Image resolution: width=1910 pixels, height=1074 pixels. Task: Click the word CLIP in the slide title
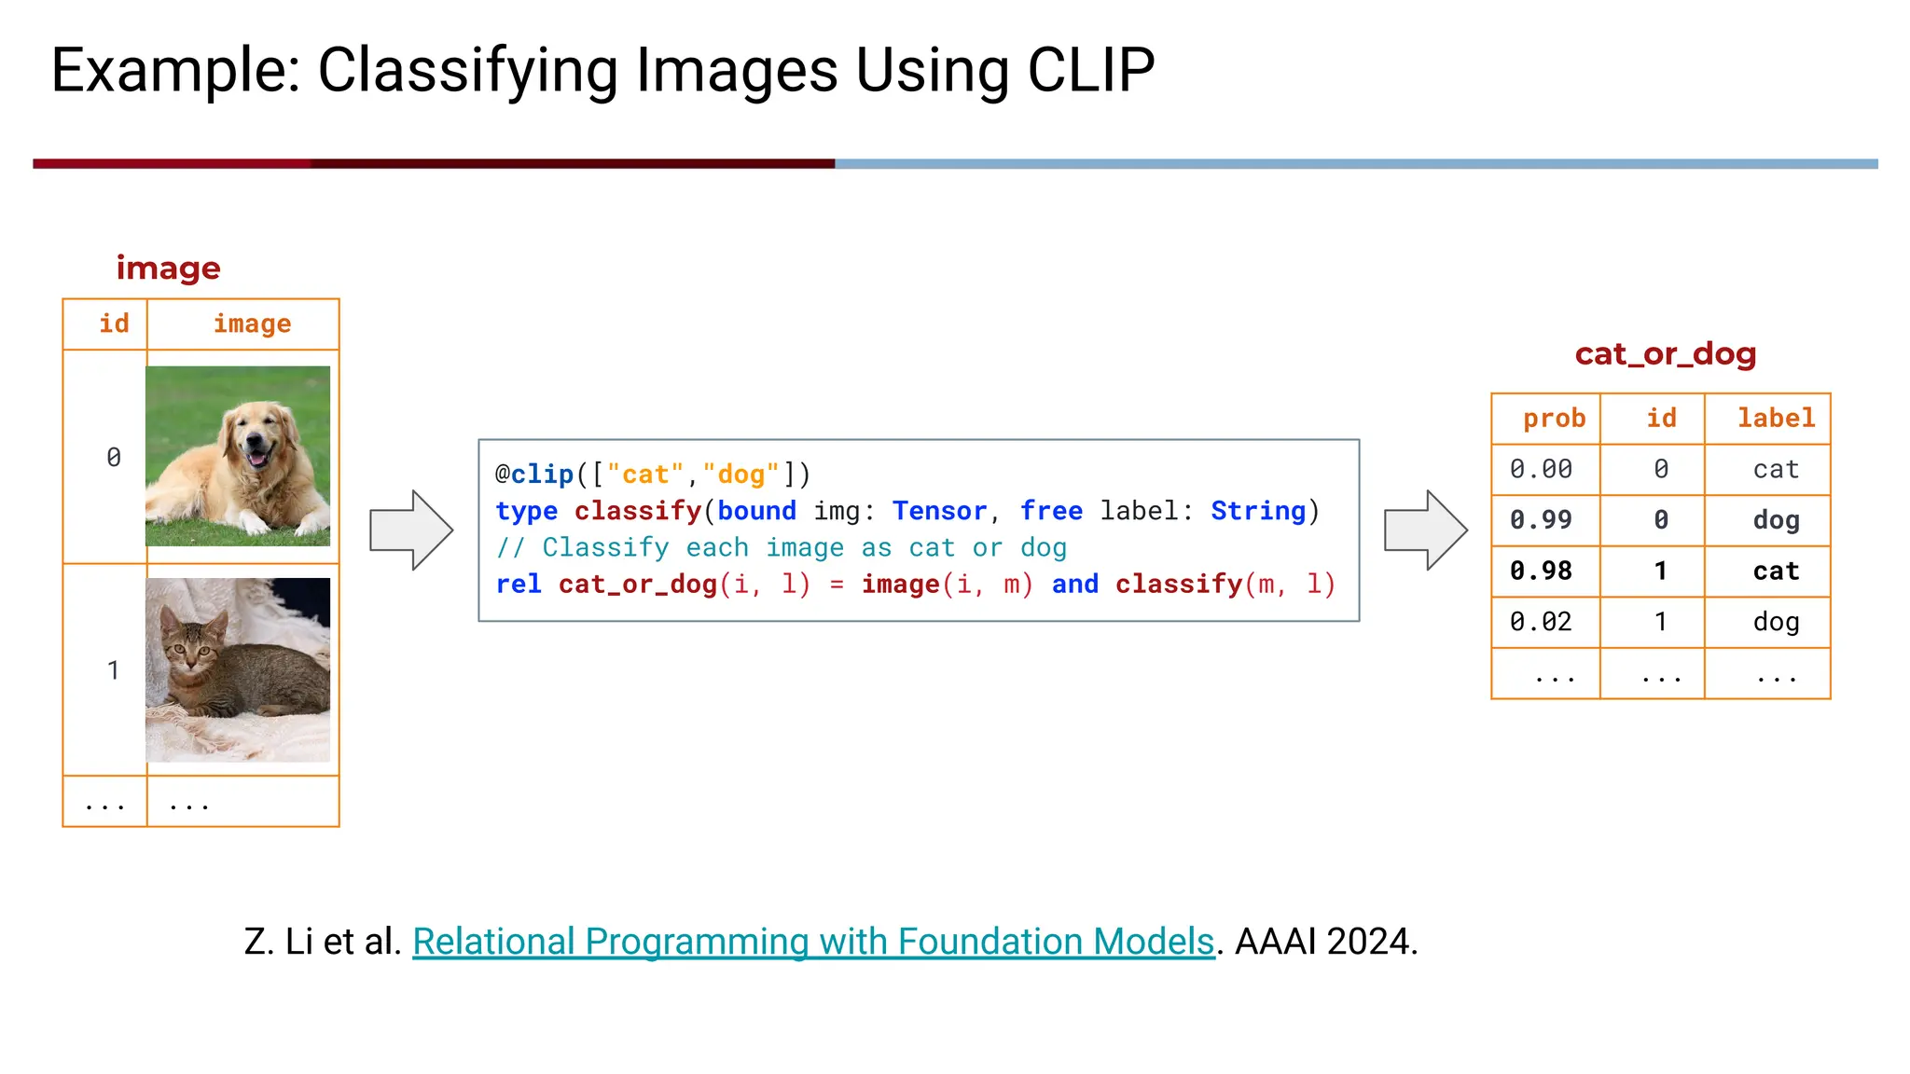coord(1090,70)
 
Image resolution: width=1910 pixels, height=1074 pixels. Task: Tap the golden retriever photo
coord(238,456)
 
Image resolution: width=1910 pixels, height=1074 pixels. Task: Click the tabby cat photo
coord(238,669)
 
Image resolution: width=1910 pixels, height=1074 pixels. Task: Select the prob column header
coord(1554,418)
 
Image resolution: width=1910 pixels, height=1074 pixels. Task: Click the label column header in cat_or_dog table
coord(1775,418)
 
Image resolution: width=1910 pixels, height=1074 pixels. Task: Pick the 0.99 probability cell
coord(1541,519)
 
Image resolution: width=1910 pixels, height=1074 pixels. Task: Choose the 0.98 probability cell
coord(1541,571)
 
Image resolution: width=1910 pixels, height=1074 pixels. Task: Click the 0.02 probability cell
coord(1541,621)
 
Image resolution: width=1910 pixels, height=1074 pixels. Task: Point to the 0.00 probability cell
coord(1541,469)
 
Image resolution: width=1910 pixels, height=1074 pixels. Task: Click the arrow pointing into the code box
coord(411,530)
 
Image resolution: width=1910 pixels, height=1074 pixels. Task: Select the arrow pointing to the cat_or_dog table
coord(1425,530)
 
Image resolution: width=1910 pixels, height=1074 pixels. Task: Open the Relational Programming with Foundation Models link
coord(812,942)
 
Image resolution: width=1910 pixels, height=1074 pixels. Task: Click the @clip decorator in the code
coord(534,475)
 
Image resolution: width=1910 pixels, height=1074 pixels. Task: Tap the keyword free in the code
coord(1051,511)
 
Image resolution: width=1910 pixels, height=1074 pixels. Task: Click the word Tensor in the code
coord(939,511)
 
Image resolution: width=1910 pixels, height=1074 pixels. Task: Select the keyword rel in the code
coord(519,585)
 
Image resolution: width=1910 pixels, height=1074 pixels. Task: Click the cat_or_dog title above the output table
coord(1665,354)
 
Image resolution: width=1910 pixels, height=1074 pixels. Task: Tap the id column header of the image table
coord(114,324)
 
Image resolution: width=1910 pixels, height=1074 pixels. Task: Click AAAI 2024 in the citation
coord(1325,942)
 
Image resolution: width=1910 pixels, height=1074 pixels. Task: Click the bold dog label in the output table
coord(1775,519)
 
